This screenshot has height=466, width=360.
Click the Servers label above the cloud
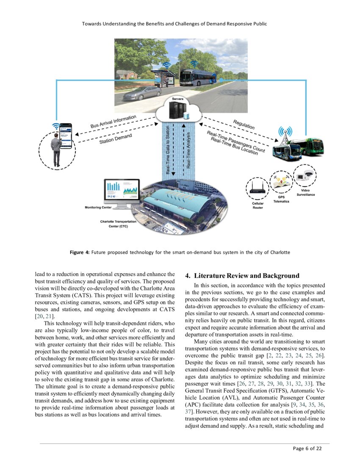click(x=177, y=99)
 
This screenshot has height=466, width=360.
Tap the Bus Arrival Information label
click(x=113, y=122)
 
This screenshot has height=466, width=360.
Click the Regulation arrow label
click(x=244, y=125)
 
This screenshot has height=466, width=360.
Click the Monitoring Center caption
click(x=98, y=207)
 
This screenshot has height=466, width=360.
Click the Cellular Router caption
click(x=258, y=205)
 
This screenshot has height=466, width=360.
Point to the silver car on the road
click(x=136, y=94)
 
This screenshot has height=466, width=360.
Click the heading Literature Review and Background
click(x=242, y=276)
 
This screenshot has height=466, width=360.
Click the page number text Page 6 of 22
click(x=307, y=449)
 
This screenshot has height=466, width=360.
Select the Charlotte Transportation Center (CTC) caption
click(x=118, y=224)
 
